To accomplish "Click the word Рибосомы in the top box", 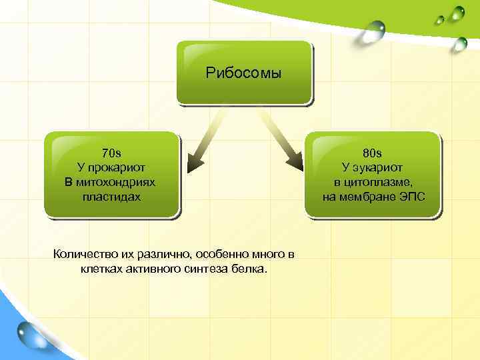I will [244, 73].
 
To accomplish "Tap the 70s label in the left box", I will [112, 153].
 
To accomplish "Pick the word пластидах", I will [112, 197].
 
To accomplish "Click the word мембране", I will [367, 197].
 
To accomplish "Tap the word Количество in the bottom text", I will [83, 254].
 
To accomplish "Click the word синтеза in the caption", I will [208, 269].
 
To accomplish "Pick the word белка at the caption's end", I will [248, 269].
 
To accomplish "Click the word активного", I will [153, 269].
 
